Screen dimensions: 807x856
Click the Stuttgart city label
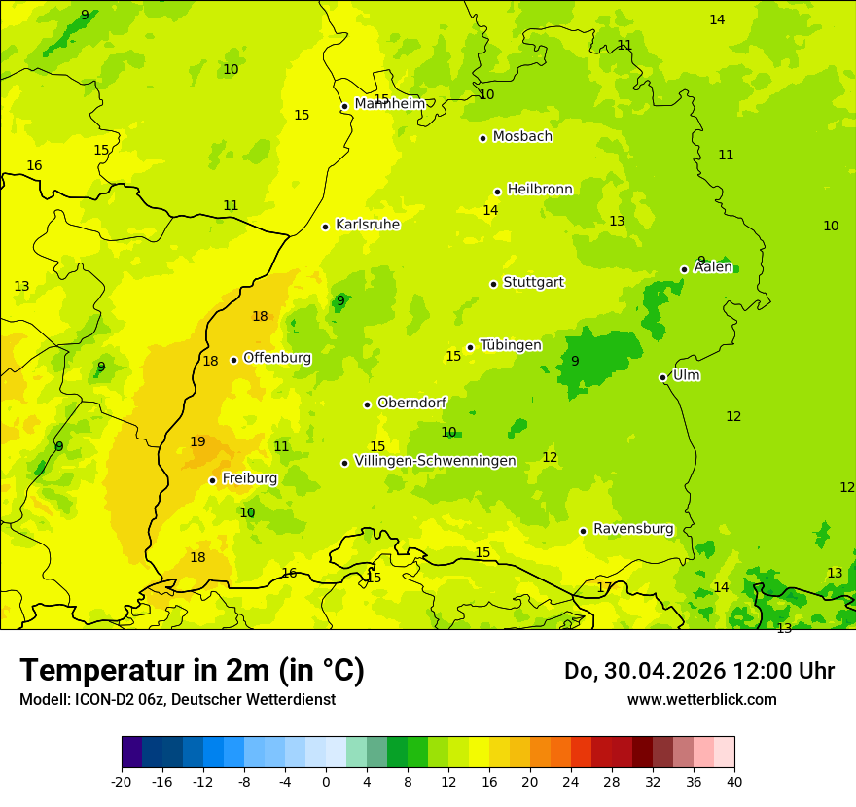[533, 282]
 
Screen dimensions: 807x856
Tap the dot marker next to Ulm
[662, 377]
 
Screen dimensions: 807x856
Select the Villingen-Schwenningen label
[435, 461]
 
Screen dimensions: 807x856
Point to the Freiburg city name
[249, 478]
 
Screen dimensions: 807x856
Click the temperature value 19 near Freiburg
[197, 442]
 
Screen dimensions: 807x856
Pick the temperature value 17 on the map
[604, 587]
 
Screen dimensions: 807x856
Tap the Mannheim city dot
[344, 107]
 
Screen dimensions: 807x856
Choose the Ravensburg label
[633, 529]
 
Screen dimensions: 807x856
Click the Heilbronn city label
[540, 190]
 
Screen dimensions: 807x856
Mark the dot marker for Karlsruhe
[325, 227]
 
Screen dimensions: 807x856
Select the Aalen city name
[713, 267]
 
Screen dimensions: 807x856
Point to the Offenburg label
[277, 358]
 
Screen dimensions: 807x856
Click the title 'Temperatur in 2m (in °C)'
[192, 670]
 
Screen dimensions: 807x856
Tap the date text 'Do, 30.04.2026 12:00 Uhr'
[699, 671]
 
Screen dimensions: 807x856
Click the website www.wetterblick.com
[701, 700]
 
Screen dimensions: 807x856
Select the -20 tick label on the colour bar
[122, 782]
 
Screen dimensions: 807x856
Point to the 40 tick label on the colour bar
[734, 782]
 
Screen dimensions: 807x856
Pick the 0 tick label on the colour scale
[326, 782]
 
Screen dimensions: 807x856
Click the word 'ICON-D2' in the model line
[100, 700]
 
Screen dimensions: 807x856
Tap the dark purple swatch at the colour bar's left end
[131, 753]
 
